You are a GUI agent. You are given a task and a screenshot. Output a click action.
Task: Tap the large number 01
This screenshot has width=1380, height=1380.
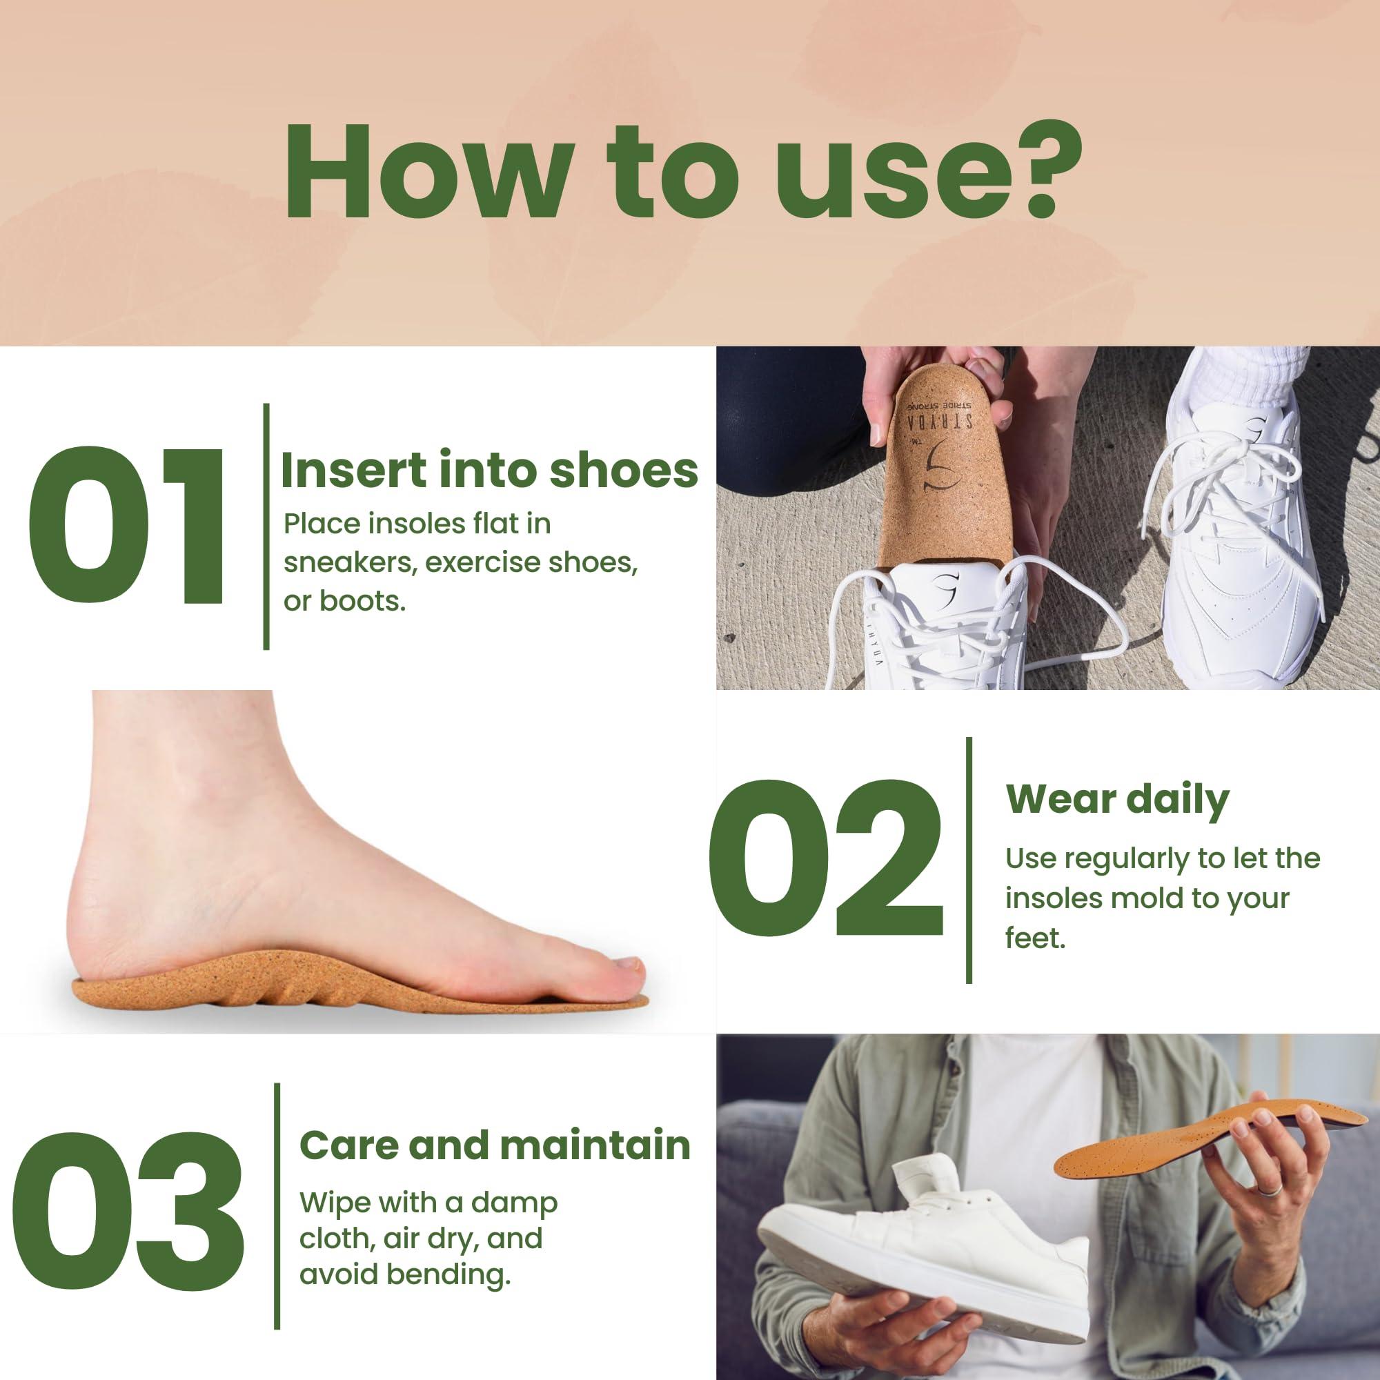point(127,526)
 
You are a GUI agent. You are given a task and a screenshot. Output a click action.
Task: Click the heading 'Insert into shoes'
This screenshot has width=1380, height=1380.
point(489,471)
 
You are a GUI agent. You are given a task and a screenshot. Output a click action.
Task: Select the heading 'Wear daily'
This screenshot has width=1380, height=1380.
point(1117,799)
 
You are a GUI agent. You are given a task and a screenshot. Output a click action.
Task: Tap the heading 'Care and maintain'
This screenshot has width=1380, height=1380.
point(495,1145)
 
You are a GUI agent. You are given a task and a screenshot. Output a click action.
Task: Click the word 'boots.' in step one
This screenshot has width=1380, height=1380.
point(344,602)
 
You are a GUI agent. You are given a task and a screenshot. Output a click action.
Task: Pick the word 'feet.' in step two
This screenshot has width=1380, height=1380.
point(1035,938)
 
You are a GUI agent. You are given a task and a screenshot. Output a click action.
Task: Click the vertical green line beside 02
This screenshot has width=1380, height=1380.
point(969,860)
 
